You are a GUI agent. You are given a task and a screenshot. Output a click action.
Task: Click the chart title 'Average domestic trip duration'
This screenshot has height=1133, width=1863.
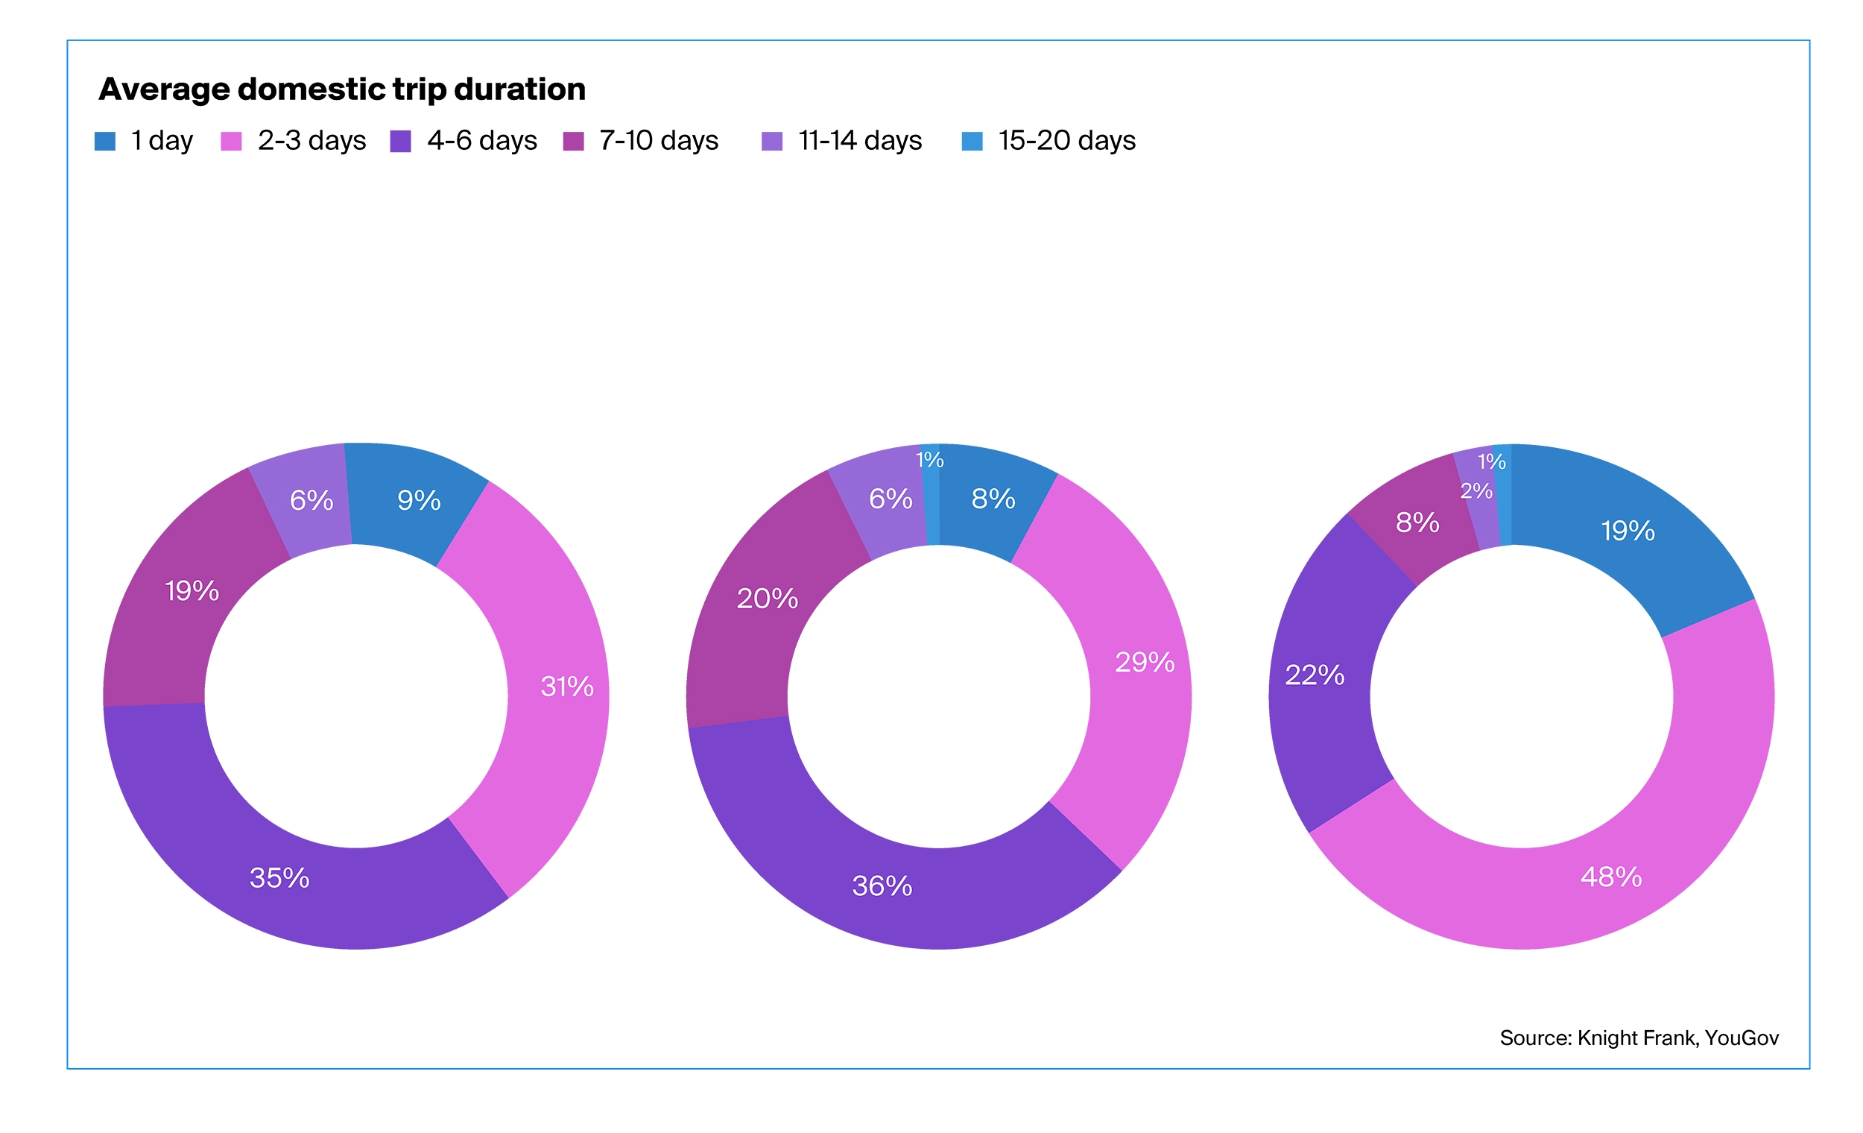click(342, 89)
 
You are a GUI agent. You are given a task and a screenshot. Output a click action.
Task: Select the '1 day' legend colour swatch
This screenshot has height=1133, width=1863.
click(104, 142)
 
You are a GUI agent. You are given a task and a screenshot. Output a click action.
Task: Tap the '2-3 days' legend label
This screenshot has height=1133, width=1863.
click(311, 141)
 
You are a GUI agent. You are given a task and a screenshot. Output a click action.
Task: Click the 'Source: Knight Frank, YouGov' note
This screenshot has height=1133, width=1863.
click(1639, 1038)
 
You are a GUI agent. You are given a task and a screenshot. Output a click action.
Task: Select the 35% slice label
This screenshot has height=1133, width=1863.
click(279, 878)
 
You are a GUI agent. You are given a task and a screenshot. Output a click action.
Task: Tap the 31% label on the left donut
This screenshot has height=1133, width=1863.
click(567, 687)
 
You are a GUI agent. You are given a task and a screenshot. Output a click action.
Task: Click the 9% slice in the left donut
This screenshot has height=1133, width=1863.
click(419, 501)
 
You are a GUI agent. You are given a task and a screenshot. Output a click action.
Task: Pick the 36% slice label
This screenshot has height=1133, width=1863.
click(882, 886)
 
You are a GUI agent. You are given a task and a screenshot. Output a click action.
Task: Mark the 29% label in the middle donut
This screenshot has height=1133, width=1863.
click(1145, 663)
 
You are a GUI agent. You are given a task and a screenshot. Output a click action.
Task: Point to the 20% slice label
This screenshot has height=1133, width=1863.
click(768, 599)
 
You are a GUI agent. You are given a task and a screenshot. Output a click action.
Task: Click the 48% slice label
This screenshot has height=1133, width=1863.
click(1611, 877)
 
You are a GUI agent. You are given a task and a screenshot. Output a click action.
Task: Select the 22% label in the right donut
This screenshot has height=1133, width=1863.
click(1315, 675)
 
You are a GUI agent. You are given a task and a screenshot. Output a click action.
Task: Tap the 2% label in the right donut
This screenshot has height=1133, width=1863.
click(1476, 492)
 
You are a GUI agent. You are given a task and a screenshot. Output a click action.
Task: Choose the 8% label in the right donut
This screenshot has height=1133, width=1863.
click(1417, 523)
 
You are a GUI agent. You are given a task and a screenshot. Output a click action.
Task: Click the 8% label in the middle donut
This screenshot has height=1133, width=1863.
click(993, 499)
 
